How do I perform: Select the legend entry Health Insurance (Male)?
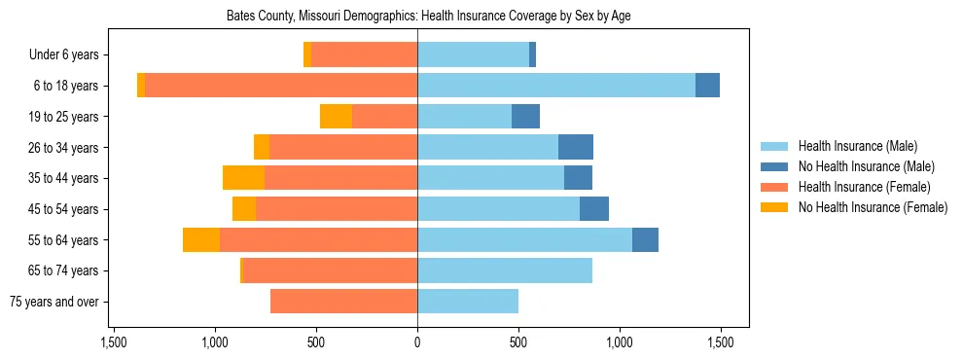(857, 146)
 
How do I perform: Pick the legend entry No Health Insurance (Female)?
(873, 207)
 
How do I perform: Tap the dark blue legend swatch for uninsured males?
(775, 166)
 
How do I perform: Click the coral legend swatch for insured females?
(775, 187)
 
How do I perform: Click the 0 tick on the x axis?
(417, 342)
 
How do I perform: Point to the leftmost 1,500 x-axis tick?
(114, 342)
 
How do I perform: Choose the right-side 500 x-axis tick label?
(518, 342)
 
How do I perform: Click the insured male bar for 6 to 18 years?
(555, 86)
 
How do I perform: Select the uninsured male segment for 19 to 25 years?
(525, 117)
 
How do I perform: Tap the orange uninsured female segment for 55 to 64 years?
(201, 240)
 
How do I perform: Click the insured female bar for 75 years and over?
(343, 302)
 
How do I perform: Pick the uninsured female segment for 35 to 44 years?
(243, 178)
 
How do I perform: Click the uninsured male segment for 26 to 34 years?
(576, 148)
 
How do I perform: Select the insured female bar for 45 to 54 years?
(337, 209)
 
